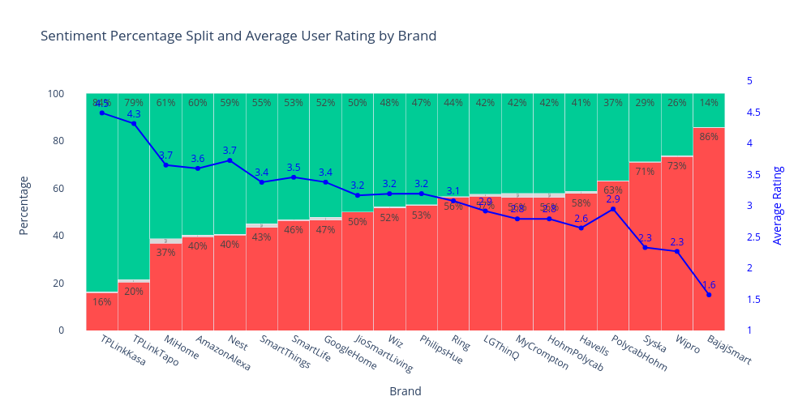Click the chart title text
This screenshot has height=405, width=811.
(238, 36)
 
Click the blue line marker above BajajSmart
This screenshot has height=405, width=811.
(709, 295)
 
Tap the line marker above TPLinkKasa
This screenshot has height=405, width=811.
(102, 113)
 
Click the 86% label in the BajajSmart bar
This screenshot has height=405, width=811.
(709, 137)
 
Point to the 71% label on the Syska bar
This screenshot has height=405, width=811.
(645, 172)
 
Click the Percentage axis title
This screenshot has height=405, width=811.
(24, 205)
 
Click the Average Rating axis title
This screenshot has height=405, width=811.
(778, 205)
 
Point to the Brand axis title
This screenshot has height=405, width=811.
(405, 391)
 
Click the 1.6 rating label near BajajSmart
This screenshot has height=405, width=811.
(709, 285)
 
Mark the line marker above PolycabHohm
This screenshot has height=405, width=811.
(613, 209)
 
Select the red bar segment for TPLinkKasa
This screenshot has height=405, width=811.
(102, 312)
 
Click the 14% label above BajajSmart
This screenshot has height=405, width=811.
(709, 103)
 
